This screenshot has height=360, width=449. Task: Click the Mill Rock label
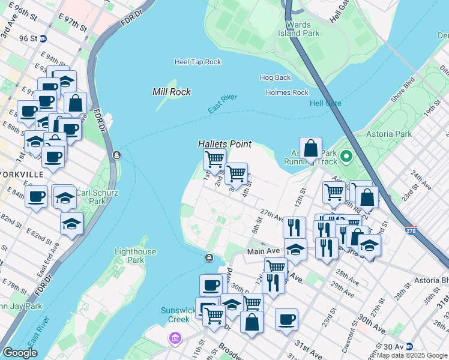coord(172,92)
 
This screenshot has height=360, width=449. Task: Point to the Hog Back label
coord(275,77)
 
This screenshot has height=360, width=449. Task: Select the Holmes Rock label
coord(287,92)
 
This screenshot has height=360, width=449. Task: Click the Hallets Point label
coord(224,145)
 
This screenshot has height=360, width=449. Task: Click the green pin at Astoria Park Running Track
coord(346,158)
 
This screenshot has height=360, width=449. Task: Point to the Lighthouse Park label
coord(135,256)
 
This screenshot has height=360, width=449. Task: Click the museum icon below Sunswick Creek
coord(175,340)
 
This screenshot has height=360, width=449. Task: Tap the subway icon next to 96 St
coord(51,38)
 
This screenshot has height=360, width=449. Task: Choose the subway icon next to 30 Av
coord(409,347)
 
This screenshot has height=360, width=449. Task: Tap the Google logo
coord(20,353)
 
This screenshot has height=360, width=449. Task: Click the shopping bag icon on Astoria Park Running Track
coord(310,148)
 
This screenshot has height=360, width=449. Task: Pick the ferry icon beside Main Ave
coord(209,258)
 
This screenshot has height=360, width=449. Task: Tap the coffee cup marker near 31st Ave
coord(287,319)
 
